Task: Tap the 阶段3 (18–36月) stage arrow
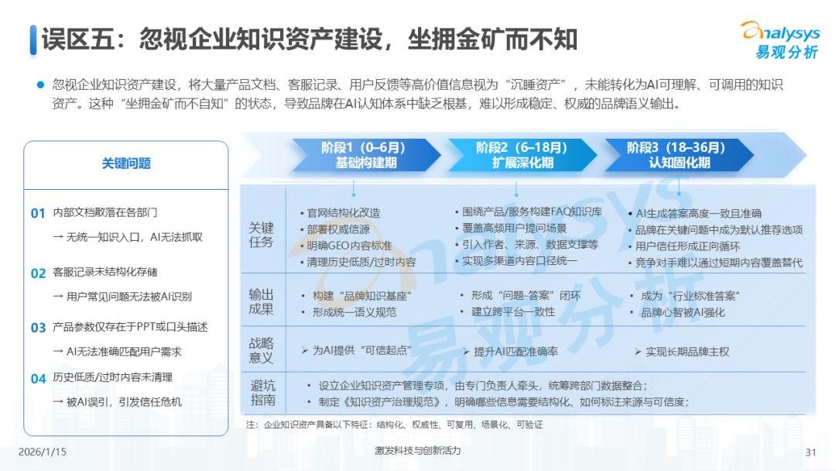(x=677, y=155)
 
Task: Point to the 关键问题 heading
(x=126, y=163)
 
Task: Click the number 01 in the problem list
(x=38, y=213)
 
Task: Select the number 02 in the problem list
(x=38, y=273)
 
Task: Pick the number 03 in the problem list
(x=38, y=328)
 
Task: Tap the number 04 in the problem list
(x=38, y=378)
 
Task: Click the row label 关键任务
(x=261, y=235)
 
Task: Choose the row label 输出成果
(x=261, y=301)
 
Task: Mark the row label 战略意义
(x=261, y=350)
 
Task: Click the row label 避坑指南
(x=262, y=393)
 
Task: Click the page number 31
(x=811, y=452)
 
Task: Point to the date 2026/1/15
(x=42, y=452)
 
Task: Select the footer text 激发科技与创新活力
(x=417, y=451)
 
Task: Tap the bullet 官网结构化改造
(x=343, y=213)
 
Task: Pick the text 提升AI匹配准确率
(x=516, y=351)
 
